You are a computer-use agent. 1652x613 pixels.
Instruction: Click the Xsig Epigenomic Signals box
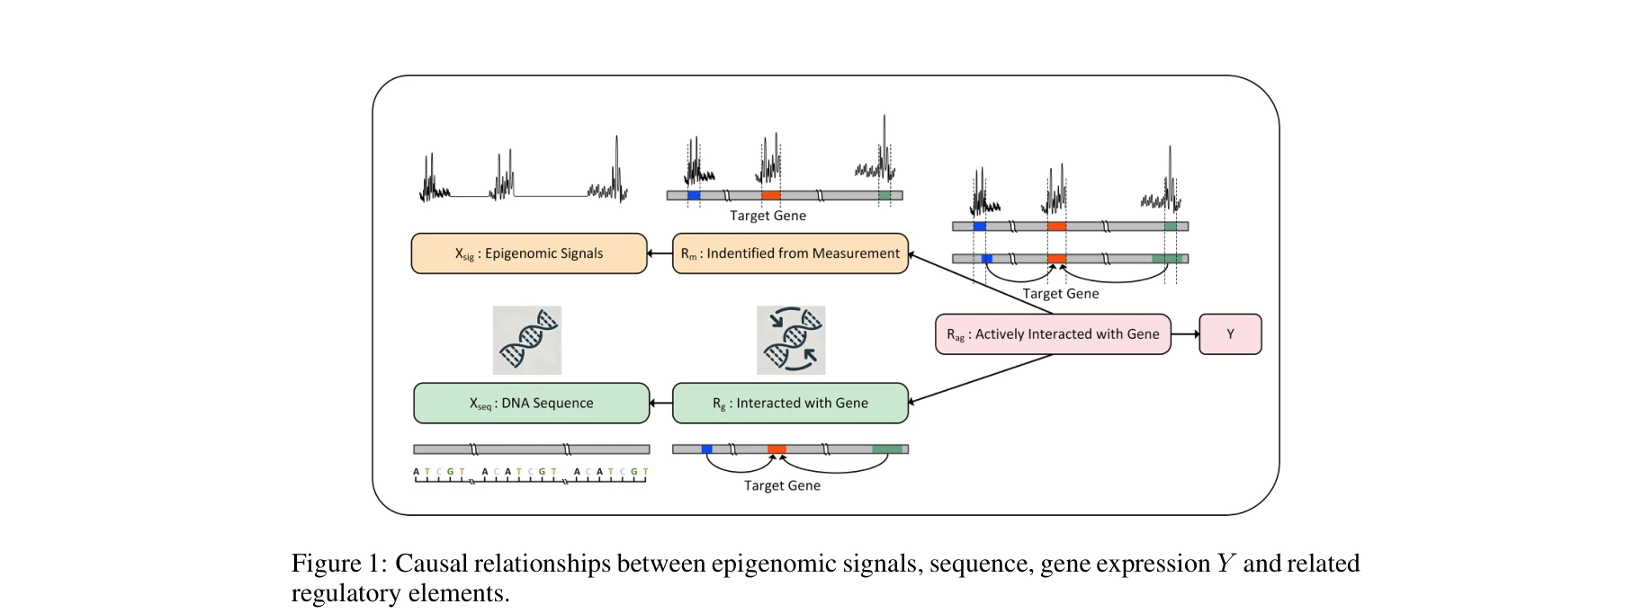click(x=529, y=253)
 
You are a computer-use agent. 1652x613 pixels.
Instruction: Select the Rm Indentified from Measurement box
click(x=790, y=253)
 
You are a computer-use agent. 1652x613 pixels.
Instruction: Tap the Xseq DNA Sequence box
click(x=531, y=403)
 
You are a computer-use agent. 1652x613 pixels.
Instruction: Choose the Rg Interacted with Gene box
click(x=790, y=403)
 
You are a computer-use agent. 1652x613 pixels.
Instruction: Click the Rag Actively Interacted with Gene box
click(x=1053, y=334)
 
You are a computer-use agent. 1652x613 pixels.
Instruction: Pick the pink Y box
click(x=1230, y=334)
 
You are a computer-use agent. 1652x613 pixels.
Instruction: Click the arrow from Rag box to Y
click(x=1185, y=334)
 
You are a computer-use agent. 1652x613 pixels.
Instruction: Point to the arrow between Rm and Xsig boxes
click(x=660, y=253)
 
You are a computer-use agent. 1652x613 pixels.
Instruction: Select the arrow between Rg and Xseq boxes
click(x=661, y=403)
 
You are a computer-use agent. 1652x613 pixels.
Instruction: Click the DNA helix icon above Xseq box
click(x=527, y=340)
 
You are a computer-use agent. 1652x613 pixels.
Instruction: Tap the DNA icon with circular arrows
click(x=791, y=340)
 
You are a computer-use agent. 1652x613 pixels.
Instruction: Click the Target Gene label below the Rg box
click(x=782, y=485)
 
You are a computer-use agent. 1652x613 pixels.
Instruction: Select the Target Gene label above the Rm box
click(x=768, y=216)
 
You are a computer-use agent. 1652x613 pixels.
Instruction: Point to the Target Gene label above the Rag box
click(x=1060, y=294)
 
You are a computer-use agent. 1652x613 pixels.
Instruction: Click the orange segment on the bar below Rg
click(x=777, y=449)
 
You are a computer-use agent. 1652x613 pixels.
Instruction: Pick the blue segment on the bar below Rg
click(x=706, y=449)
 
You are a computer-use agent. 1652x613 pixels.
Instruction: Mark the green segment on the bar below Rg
click(x=887, y=449)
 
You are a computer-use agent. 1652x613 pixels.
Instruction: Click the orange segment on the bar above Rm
click(x=770, y=195)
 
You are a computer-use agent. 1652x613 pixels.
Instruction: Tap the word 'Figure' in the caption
click(x=326, y=564)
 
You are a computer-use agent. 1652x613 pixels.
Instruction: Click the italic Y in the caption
click(x=1226, y=564)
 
